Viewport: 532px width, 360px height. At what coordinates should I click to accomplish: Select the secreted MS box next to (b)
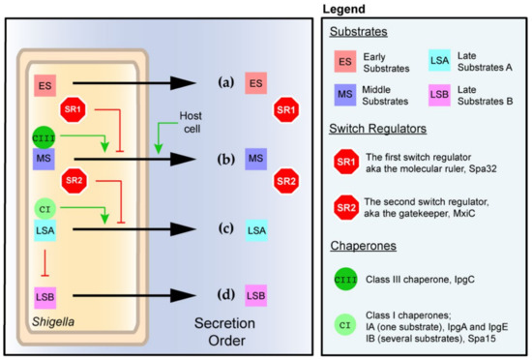pos(256,157)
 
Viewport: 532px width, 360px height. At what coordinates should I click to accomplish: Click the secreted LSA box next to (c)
pos(256,229)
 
